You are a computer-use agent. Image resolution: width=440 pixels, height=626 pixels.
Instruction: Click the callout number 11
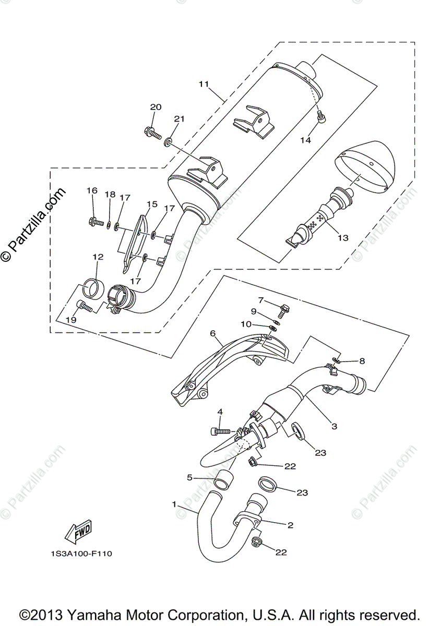click(x=204, y=83)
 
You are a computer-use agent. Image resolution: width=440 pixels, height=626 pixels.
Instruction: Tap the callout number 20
click(x=156, y=107)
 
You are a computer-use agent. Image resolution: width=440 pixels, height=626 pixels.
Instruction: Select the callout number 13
click(x=342, y=238)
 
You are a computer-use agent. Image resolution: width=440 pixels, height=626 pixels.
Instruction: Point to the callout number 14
click(x=305, y=140)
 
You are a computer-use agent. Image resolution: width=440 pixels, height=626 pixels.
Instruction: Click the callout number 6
click(x=212, y=333)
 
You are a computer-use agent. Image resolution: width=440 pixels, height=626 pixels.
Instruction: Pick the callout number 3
click(x=334, y=426)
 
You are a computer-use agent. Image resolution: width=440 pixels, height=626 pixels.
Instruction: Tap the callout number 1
click(x=174, y=504)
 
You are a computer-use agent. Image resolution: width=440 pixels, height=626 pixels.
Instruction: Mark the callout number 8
click(x=361, y=360)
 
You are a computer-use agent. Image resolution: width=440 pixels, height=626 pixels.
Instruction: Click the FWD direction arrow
click(x=78, y=531)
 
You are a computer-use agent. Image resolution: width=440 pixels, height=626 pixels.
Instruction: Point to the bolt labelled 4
click(x=219, y=431)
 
